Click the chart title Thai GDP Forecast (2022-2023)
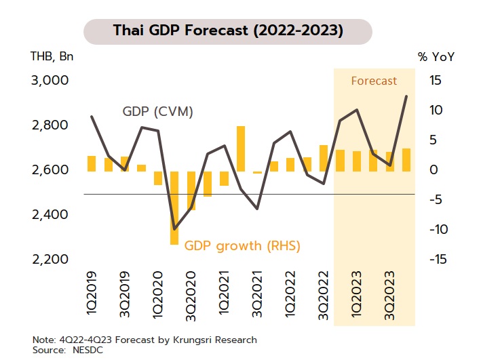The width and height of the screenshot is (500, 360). click(227, 32)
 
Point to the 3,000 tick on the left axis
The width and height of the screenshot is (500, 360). click(50, 81)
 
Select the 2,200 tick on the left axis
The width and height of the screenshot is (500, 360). click(50, 259)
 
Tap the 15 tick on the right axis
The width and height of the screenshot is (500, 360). click(435, 81)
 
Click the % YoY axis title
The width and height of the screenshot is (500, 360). click(436, 56)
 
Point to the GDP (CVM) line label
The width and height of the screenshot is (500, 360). click(158, 112)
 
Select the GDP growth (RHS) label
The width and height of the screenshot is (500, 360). click(242, 245)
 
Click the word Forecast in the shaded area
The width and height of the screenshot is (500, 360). click(374, 81)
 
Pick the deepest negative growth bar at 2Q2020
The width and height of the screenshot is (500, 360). click(174, 207)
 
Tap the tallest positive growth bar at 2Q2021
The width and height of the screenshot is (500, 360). click(241, 148)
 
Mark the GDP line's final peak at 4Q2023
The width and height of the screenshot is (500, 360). click(406, 96)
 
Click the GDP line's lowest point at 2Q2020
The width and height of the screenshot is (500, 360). click(174, 229)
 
